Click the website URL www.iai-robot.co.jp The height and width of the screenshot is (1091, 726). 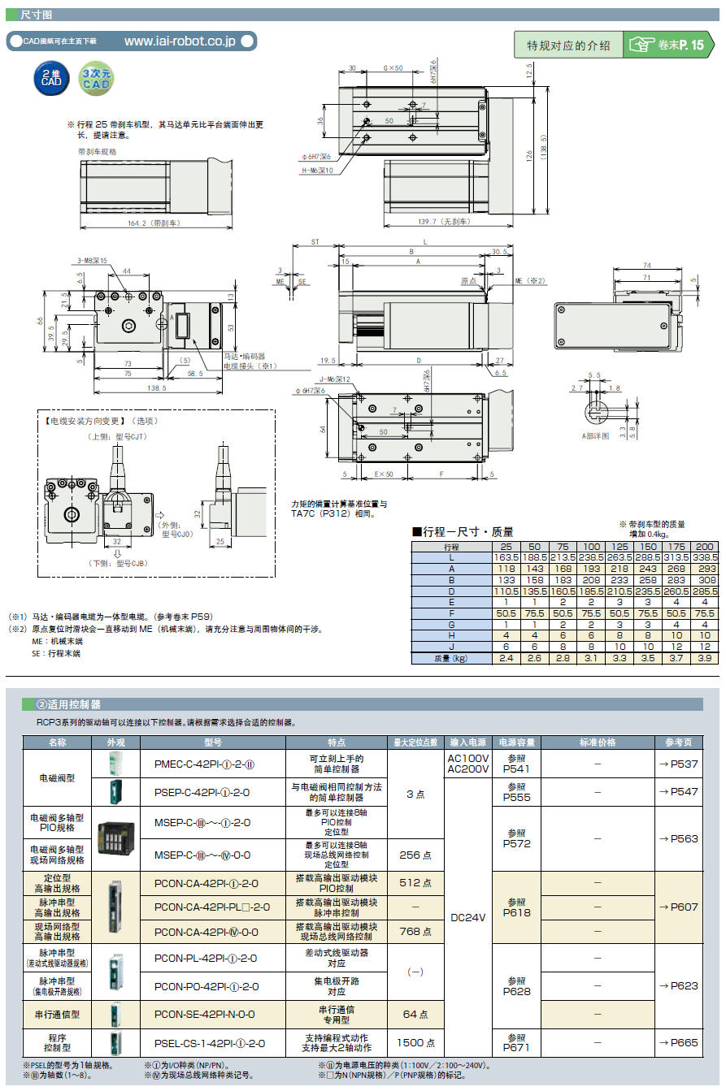click(x=180, y=41)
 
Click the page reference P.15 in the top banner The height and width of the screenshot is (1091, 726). click(x=693, y=45)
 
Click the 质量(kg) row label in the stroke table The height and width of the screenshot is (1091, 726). click(x=451, y=658)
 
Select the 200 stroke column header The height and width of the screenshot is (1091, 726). click(x=705, y=547)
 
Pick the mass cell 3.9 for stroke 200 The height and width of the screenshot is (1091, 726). click(x=705, y=658)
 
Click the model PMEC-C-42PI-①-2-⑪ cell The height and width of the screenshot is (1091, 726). click(x=205, y=764)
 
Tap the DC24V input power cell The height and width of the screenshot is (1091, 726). click(x=467, y=917)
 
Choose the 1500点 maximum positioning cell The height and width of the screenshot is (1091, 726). click(x=415, y=1042)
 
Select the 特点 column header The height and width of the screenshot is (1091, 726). click(x=337, y=742)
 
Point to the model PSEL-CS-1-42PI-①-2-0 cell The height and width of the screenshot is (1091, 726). click(x=209, y=1042)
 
